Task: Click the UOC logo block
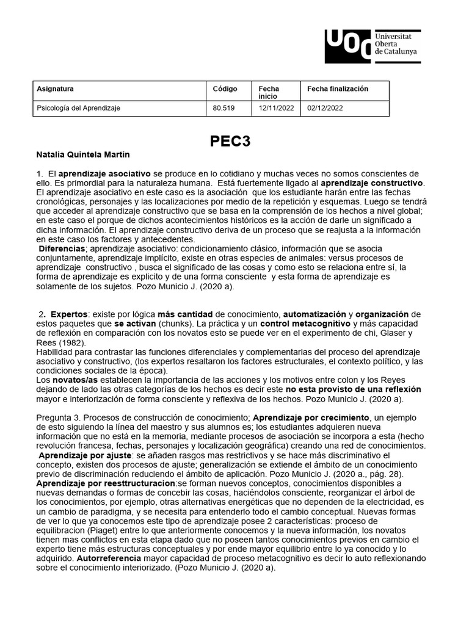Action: [x=347, y=46]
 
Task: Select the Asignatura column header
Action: [x=56, y=89]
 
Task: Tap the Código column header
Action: [x=225, y=89]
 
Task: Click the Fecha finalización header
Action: [x=338, y=89]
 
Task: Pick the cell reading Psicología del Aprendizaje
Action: [x=79, y=107]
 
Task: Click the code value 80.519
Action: [x=223, y=107]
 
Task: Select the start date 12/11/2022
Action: [x=276, y=107]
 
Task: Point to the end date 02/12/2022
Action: [x=325, y=107]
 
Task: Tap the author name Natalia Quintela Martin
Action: [x=83, y=154]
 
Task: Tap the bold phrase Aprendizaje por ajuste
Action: [x=85, y=455]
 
